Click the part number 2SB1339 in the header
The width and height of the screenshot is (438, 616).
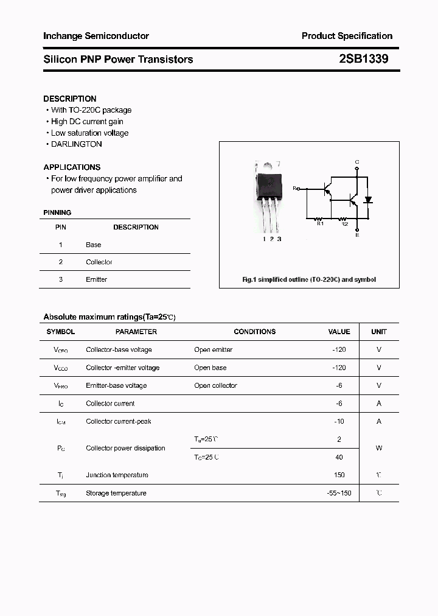[x=364, y=59]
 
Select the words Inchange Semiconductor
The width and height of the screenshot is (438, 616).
[x=96, y=36]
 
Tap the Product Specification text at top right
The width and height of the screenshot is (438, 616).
[x=347, y=36]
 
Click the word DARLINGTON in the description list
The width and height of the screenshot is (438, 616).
[x=76, y=144]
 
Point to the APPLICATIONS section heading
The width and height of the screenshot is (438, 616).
[x=72, y=167]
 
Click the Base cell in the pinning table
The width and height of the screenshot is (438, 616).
[x=94, y=245]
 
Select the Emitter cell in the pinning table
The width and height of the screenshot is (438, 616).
[x=96, y=279]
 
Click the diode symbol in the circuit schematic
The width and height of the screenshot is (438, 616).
[x=367, y=200]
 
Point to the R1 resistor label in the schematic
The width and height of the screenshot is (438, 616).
[x=321, y=224]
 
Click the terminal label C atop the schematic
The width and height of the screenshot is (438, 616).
[x=357, y=162]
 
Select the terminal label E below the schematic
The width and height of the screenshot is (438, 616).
[x=357, y=235]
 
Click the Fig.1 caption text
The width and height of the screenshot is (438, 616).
[x=309, y=279]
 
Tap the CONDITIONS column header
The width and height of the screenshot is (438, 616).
[x=254, y=332]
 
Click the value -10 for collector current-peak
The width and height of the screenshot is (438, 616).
[x=339, y=421]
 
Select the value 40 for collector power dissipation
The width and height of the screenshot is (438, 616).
[x=339, y=457]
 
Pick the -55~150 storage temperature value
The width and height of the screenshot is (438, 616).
[x=339, y=493]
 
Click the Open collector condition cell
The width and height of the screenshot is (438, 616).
[x=215, y=385]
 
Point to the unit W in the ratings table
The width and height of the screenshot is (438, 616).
[x=378, y=448]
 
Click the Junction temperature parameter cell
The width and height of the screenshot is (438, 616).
[x=117, y=475]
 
